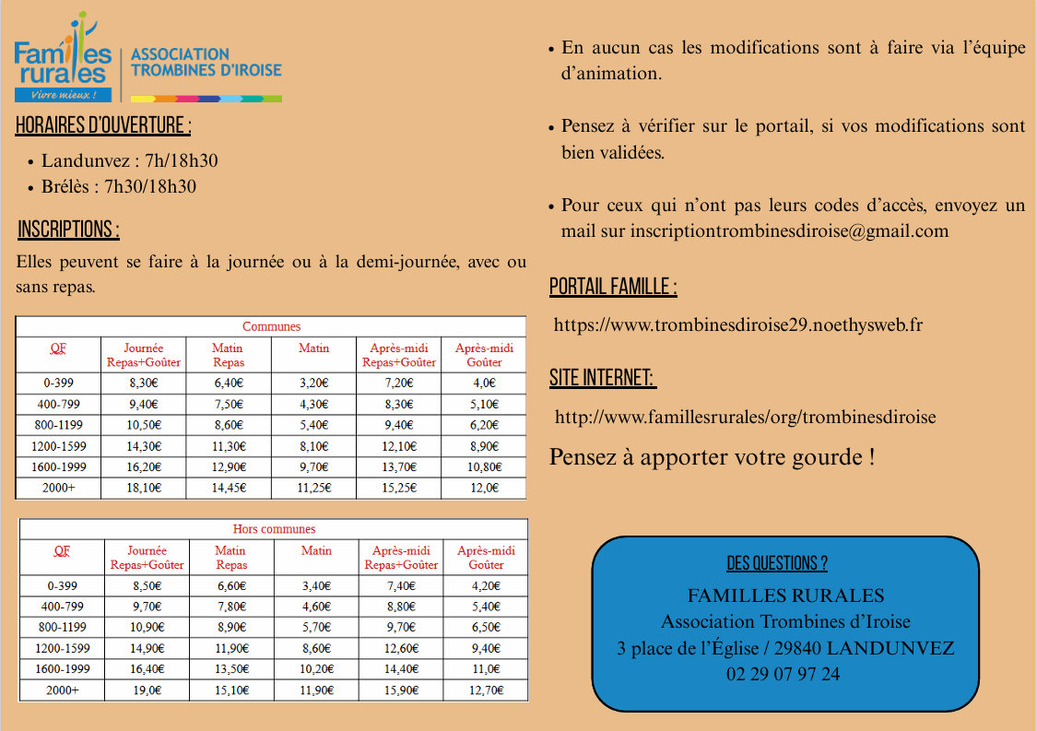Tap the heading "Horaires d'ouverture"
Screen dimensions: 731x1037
103,126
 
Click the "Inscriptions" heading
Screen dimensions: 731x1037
68,230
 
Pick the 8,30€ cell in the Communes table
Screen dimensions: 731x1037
143,383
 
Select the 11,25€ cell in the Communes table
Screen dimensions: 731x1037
314,488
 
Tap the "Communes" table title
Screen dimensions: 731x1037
271,326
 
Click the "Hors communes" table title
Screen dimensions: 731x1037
274,529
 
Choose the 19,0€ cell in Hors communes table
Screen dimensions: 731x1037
147,690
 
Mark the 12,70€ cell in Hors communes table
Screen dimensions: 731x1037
485,690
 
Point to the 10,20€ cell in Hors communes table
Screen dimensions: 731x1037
316,669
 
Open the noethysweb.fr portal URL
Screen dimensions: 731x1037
738,324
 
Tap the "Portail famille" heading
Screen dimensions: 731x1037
613,287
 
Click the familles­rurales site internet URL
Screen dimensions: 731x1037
745,417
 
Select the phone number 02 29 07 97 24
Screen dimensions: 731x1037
783,674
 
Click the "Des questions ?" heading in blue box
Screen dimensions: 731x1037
777,563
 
